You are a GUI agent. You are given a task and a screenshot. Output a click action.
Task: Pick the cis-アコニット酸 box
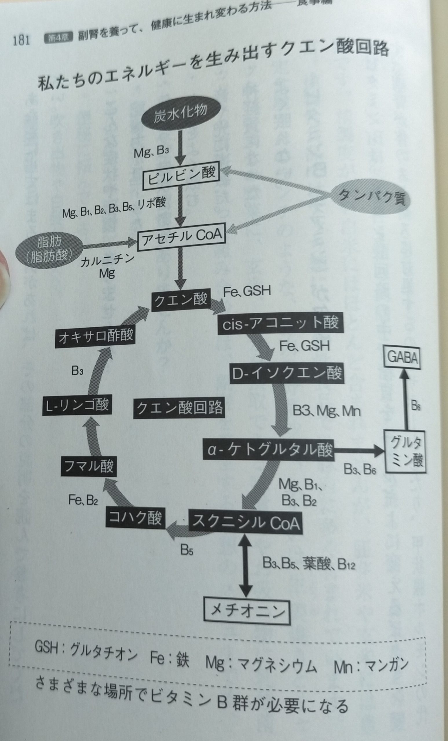pyautogui.click(x=280, y=324)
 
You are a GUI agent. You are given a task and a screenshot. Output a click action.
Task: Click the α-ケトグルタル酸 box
pyautogui.click(x=269, y=450)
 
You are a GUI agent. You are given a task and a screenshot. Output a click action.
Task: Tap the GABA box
pyautogui.click(x=403, y=358)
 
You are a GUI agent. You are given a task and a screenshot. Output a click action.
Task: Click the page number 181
pyautogui.click(x=21, y=40)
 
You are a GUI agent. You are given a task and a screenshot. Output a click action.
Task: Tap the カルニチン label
pyautogui.click(x=107, y=261)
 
